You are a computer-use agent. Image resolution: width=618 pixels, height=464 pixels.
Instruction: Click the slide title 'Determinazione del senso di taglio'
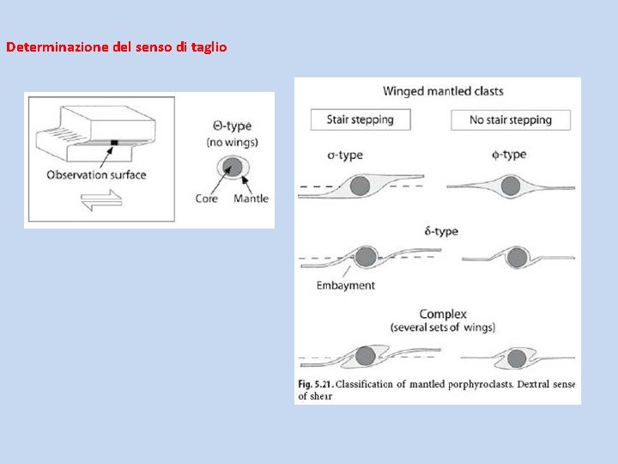pyautogui.click(x=117, y=47)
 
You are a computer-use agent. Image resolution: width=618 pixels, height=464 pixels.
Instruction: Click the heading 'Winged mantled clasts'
pyautogui.click(x=443, y=91)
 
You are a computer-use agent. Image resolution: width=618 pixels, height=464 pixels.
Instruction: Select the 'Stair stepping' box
pyautogui.click(x=360, y=119)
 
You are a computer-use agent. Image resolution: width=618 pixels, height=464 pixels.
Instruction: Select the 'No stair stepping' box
pyautogui.click(x=511, y=119)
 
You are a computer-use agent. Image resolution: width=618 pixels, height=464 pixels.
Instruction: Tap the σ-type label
pyautogui.click(x=345, y=156)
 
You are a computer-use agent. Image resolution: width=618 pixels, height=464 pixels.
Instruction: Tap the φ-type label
pyautogui.click(x=510, y=155)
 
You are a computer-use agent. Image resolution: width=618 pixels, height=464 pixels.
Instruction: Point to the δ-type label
pyautogui.click(x=441, y=231)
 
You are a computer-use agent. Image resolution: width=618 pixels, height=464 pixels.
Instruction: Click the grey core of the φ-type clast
pyautogui.click(x=512, y=186)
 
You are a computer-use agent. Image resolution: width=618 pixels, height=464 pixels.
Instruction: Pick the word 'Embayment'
pyautogui.click(x=345, y=285)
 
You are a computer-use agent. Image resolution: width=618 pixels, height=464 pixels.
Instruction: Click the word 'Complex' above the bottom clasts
pyautogui.click(x=443, y=314)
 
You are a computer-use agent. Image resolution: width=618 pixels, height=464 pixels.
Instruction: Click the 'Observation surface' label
pyautogui.click(x=96, y=175)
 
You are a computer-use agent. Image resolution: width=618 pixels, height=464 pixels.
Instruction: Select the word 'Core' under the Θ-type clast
pyautogui.click(x=207, y=198)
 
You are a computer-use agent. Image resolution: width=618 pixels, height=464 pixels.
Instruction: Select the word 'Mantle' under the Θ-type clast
pyautogui.click(x=251, y=198)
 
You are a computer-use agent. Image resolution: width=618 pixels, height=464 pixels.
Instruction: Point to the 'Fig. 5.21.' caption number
pyautogui.click(x=317, y=384)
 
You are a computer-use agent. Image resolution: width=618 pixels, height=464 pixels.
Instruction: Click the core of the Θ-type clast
pyautogui.click(x=230, y=165)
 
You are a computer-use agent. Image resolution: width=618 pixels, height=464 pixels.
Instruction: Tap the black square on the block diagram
pyautogui.click(x=114, y=143)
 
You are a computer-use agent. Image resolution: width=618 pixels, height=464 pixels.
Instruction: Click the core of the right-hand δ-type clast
pyautogui.click(x=517, y=257)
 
